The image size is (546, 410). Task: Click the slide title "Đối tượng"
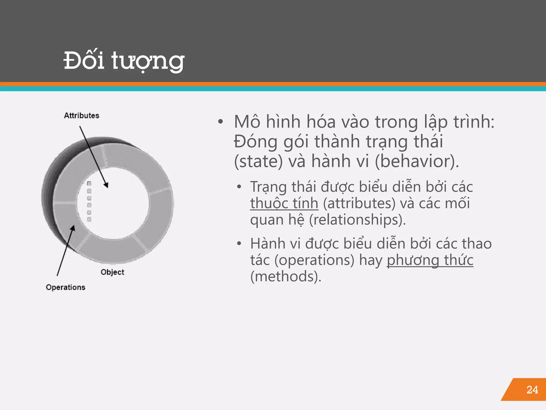[x=124, y=61]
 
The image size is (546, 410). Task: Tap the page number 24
[x=532, y=390]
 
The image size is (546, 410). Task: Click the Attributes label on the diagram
[x=82, y=116]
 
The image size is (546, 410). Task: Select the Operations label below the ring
[x=66, y=287]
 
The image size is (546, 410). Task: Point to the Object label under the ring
[x=112, y=272]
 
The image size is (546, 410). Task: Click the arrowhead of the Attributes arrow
[x=106, y=185]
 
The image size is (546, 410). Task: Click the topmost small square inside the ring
[x=89, y=183]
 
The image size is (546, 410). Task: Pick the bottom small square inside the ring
[x=89, y=219]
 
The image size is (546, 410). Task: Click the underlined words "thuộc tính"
[x=284, y=203]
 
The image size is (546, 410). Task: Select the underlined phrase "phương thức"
[x=430, y=260]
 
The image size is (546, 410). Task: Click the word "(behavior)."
[x=417, y=161]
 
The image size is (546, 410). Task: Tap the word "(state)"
[x=258, y=161]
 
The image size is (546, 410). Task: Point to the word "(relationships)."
[x=357, y=220]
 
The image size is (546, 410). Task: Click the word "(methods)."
[x=286, y=277]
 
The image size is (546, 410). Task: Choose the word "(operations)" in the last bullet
[x=315, y=260]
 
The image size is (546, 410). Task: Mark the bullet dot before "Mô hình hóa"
[x=220, y=122]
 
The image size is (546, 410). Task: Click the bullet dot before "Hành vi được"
[x=239, y=243]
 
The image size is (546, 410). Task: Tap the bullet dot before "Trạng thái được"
[x=239, y=187]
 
